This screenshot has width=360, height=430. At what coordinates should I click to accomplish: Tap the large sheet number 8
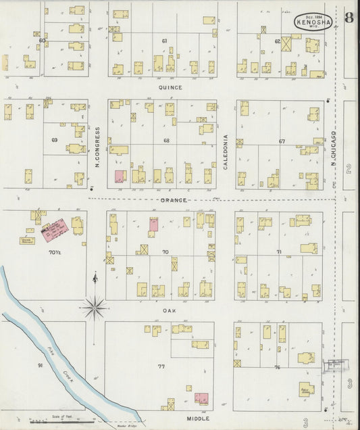point(348,18)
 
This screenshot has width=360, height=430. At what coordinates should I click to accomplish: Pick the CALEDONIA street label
point(226,149)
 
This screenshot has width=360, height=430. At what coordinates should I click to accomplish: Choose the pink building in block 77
point(201,398)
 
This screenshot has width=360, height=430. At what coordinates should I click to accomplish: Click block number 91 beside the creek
point(41,366)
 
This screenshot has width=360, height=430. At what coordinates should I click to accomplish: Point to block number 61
point(164,41)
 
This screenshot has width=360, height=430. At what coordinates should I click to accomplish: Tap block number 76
point(277,367)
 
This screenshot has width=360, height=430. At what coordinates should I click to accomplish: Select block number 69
point(54,140)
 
